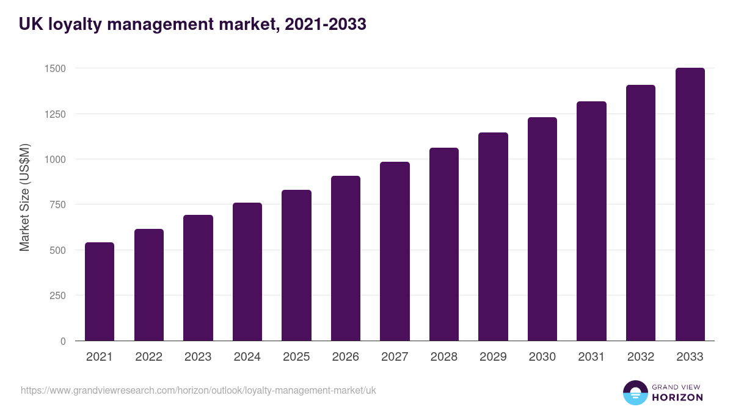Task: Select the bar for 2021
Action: coord(100,292)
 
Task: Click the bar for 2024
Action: coord(247,272)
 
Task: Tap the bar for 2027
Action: coord(395,251)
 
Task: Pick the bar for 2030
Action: coord(542,229)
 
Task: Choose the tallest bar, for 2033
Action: coord(690,204)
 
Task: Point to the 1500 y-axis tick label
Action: coord(55,68)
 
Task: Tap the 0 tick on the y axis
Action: coord(63,341)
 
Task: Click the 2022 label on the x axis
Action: coord(148,357)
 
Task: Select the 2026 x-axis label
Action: coord(346,357)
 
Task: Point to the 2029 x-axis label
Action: coord(493,357)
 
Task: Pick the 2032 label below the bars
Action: coord(641,357)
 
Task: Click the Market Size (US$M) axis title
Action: coord(24,197)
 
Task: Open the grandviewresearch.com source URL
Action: coord(199,390)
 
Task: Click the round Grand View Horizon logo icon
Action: coord(635,392)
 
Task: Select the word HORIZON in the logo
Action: coord(677,397)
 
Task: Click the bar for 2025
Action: coord(296,266)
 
